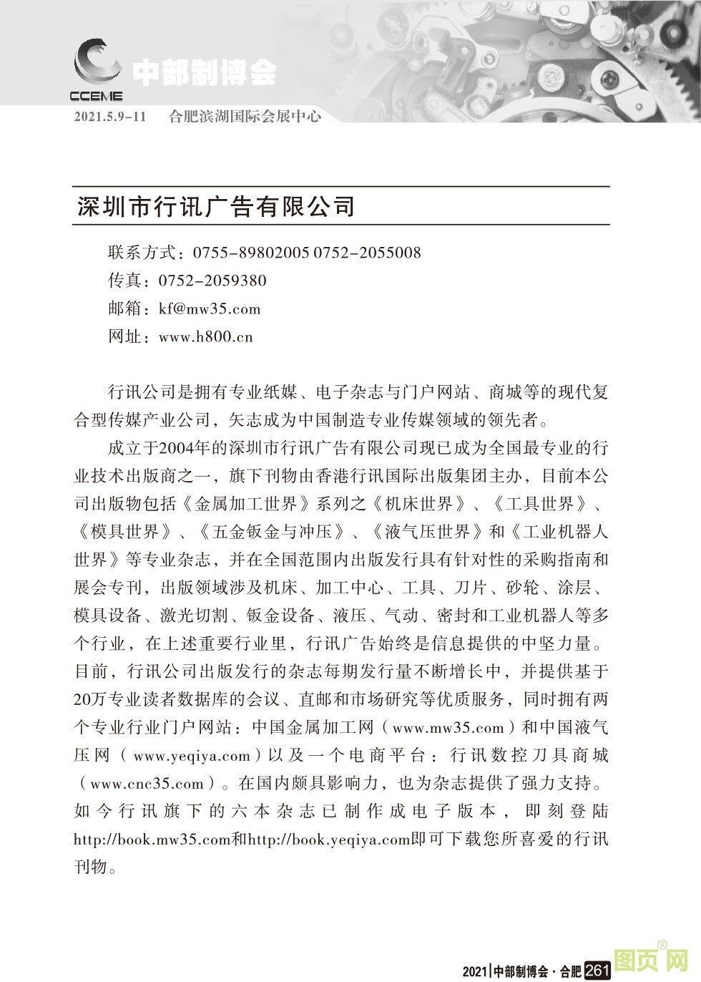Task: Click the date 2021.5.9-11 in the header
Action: (109, 117)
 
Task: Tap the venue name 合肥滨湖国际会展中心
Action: (245, 117)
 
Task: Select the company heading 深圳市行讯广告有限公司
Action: (215, 206)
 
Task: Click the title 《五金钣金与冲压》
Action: (274, 532)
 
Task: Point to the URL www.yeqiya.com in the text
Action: (192, 755)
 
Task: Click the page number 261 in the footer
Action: (597, 971)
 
